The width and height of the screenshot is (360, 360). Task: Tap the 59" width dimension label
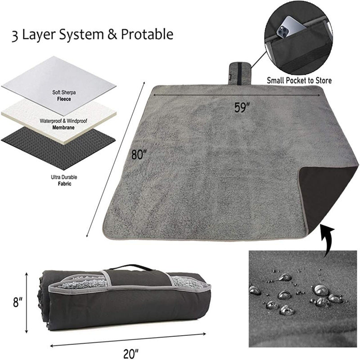(x=243, y=108)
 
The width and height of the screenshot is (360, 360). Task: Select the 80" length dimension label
(x=139, y=154)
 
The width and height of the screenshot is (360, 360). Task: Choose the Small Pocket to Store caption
(x=299, y=81)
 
